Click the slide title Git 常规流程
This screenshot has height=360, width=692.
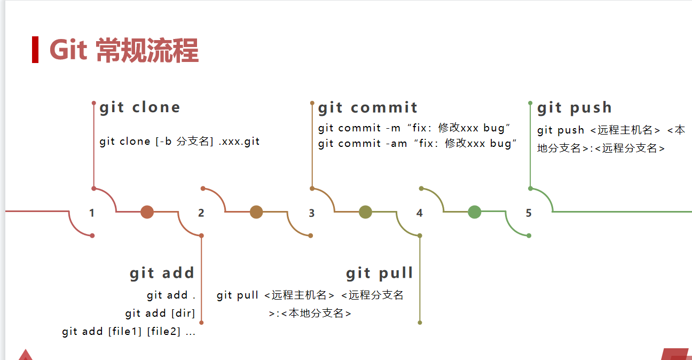[x=124, y=51]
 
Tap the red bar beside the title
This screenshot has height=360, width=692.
[x=35, y=50]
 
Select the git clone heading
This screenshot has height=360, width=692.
[x=140, y=107]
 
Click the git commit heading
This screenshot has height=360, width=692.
[x=368, y=108]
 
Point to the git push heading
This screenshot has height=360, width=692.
[x=575, y=108]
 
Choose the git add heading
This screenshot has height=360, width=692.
[x=162, y=273]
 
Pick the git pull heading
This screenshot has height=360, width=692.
[x=380, y=273]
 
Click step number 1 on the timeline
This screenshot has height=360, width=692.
[x=92, y=213]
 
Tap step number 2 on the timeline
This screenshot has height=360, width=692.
[x=201, y=213]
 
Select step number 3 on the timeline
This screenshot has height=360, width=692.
[x=312, y=213]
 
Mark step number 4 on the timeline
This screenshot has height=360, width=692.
[x=420, y=213]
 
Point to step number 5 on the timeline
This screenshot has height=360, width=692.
[x=529, y=213]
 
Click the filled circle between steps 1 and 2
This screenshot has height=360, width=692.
[x=147, y=212]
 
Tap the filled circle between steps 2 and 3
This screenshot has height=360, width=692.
[x=256, y=212]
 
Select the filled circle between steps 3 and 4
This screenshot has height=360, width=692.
[x=365, y=212]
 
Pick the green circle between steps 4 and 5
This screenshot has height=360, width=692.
[x=474, y=212]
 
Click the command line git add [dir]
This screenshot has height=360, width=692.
[x=160, y=313]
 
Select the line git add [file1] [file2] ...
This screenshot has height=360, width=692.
[x=129, y=332]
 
